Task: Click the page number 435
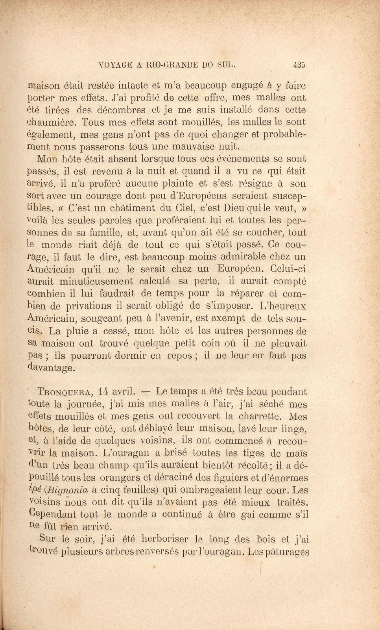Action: pyautogui.click(x=299, y=65)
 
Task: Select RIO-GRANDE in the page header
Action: pyautogui.click(x=172, y=65)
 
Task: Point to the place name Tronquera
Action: pyautogui.click(x=65, y=392)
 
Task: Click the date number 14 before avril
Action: pyautogui.click(x=103, y=391)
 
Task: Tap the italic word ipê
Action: pyautogui.click(x=35, y=490)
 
